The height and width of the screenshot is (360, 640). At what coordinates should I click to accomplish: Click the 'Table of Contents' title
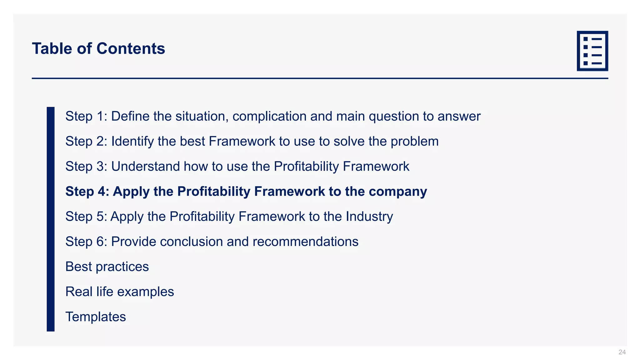click(98, 49)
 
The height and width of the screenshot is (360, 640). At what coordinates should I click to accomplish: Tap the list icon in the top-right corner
click(592, 51)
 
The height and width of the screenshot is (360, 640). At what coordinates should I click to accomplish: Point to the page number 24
click(622, 352)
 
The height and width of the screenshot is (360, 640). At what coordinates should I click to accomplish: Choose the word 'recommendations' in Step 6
click(305, 242)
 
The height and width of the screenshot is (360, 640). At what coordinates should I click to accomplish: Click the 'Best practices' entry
click(107, 267)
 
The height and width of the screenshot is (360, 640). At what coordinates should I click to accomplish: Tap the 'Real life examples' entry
click(119, 292)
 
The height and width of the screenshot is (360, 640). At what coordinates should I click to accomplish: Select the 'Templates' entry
click(96, 317)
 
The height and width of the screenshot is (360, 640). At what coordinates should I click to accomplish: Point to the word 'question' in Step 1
click(394, 117)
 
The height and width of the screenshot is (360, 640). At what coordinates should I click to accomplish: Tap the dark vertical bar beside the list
click(51, 219)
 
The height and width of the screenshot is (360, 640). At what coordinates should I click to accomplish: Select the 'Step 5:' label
click(86, 217)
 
